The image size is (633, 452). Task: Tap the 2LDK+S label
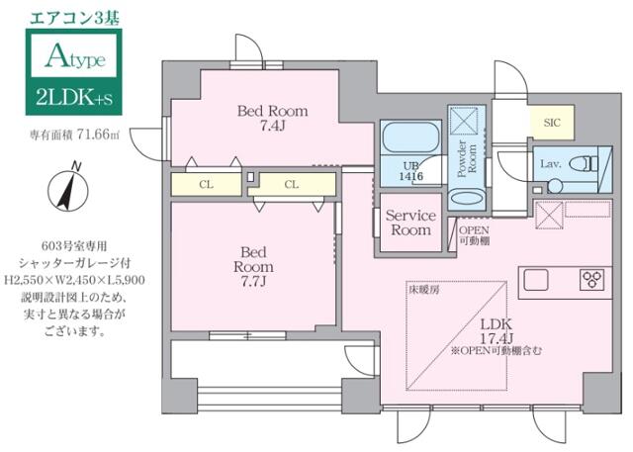[72, 99]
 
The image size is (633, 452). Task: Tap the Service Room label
[409, 223]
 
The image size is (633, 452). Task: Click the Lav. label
[551, 163]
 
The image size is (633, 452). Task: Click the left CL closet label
[206, 183]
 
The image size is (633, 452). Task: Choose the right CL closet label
[293, 183]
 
